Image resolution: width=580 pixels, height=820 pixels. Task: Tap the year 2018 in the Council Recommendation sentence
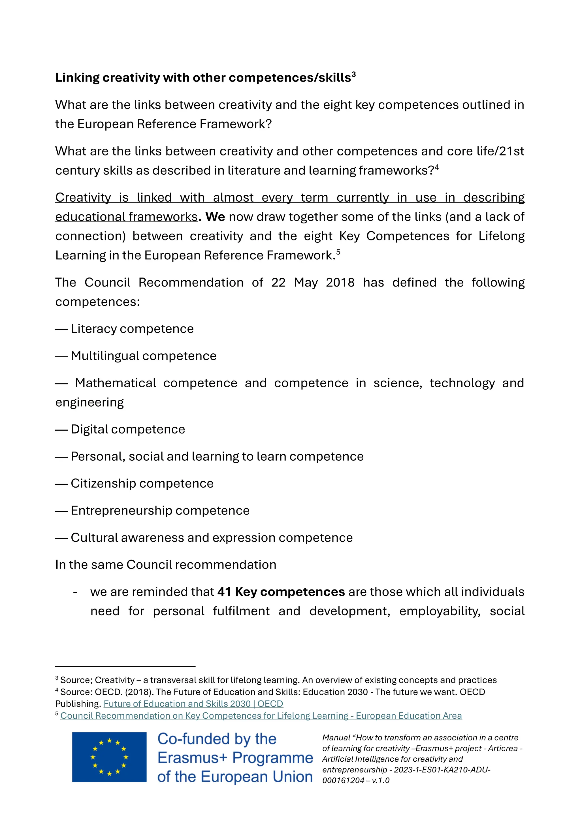(x=340, y=283)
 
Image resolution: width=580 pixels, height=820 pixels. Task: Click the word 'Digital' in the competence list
(x=89, y=429)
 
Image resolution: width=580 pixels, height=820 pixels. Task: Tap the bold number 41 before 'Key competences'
(x=224, y=592)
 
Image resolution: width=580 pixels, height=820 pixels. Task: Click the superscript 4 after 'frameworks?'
(x=436, y=167)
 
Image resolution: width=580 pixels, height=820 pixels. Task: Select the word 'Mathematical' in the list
(x=116, y=383)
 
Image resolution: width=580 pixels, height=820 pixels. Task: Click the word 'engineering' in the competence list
(x=89, y=403)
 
